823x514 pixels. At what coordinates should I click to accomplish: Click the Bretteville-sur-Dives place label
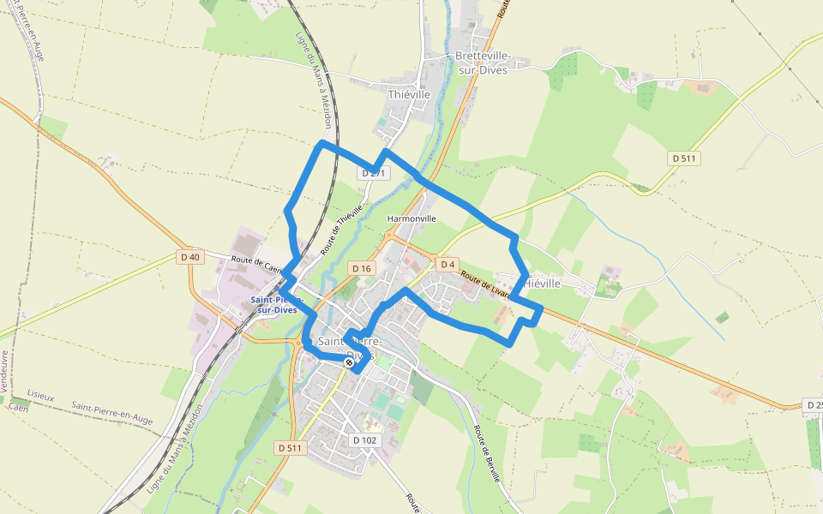pyautogui.click(x=482, y=63)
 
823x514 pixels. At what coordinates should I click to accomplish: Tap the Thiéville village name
pyautogui.click(x=409, y=94)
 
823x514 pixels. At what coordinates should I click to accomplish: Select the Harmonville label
pyautogui.click(x=411, y=218)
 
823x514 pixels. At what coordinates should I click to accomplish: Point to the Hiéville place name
pyautogui.click(x=542, y=283)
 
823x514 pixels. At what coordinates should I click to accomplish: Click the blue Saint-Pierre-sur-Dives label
pyautogui.click(x=273, y=304)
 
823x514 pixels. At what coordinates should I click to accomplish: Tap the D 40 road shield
pyautogui.click(x=190, y=256)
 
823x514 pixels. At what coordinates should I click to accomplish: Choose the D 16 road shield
pyautogui.click(x=362, y=269)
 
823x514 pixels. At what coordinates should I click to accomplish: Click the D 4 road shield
pyautogui.click(x=447, y=264)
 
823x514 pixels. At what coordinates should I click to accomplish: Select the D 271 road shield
pyautogui.click(x=375, y=173)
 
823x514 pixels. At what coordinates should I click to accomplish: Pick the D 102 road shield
pyautogui.click(x=364, y=440)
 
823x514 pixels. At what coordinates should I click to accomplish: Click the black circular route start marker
pyautogui.click(x=349, y=363)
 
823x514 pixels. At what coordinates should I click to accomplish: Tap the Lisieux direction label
pyautogui.click(x=40, y=397)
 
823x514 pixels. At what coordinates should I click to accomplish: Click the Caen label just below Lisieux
pyautogui.click(x=19, y=408)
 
